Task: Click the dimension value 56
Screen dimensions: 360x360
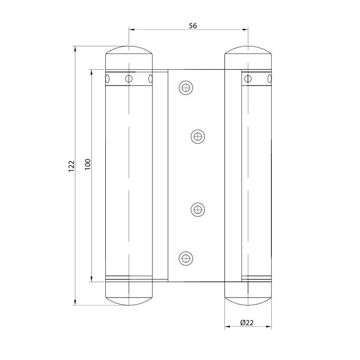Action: (193, 26)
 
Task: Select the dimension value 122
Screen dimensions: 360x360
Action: (72, 166)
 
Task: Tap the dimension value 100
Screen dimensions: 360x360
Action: (88, 164)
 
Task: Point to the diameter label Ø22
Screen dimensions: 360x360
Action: (247, 323)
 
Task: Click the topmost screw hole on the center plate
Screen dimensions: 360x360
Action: (186, 87)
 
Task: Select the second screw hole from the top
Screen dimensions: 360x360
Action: (198, 137)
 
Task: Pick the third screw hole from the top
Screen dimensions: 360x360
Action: (198, 209)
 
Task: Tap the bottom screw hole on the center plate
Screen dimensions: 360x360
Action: (186, 258)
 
